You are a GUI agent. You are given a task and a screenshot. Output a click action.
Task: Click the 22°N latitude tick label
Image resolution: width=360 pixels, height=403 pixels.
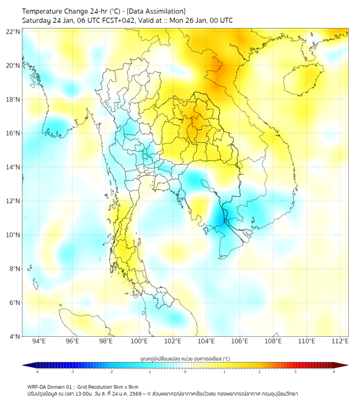pyautogui.click(x=13, y=31)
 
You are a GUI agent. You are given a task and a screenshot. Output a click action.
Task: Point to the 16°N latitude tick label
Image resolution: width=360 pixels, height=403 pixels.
pyautogui.click(x=13, y=133)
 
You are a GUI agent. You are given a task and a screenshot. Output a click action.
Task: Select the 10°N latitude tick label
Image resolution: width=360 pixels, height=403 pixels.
pyautogui.click(x=13, y=235)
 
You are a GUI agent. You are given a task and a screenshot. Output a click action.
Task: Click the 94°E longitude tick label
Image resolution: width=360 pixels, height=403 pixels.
pyautogui.click(x=39, y=342)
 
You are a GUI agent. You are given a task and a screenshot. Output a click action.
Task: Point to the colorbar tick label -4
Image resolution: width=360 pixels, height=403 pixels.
pyautogui.click(x=37, y=372)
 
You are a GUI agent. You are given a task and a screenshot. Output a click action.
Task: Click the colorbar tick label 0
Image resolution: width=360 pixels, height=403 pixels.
pyautogui.click(x=185, y=372)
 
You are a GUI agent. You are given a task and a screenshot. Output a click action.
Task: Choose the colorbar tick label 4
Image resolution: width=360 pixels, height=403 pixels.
pyautogui.click(x=334, y=372)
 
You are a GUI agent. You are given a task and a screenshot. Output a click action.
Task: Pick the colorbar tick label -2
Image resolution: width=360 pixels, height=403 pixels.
pyautogui.click(x=111, y=372)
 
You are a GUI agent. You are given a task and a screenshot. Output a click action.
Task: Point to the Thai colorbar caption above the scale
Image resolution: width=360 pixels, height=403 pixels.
pyautogui.click(x=185, y=358)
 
